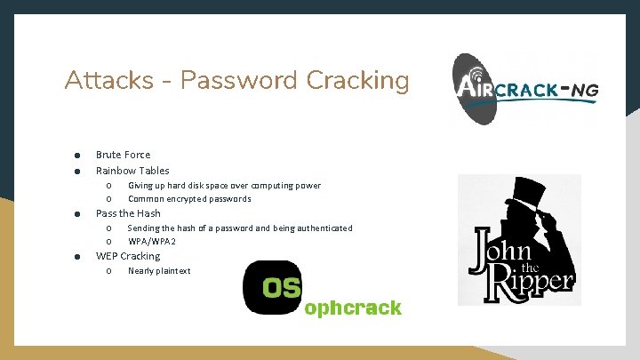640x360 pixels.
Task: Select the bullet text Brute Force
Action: (x=123, y=155)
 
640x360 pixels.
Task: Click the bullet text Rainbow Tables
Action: (x=132, y=171)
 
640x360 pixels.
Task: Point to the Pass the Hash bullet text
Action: (x=128, y=213)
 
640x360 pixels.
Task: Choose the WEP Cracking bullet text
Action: (x=128, y=256)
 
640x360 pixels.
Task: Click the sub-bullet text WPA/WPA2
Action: (x=152, y=241)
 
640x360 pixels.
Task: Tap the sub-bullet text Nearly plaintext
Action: (x=159, y=271)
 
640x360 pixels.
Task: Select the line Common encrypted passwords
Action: (x=189, y=198)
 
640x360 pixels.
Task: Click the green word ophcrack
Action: (x=353, y=308)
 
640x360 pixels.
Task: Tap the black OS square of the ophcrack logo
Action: (x=272, y=287)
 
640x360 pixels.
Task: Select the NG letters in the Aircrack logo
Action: (x=583, y=91)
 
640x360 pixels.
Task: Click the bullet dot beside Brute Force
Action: (x=77, y=156)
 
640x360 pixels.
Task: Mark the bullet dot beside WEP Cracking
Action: (x=77, y=257)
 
